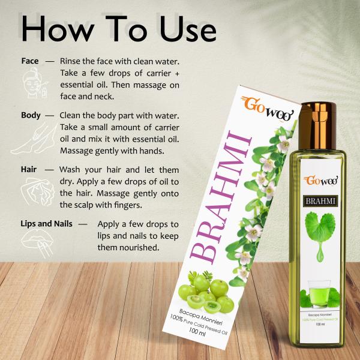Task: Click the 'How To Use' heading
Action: point(118,28)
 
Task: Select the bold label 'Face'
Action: point(29,62)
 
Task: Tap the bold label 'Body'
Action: point(31,115)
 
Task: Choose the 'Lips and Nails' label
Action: point(47,224)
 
